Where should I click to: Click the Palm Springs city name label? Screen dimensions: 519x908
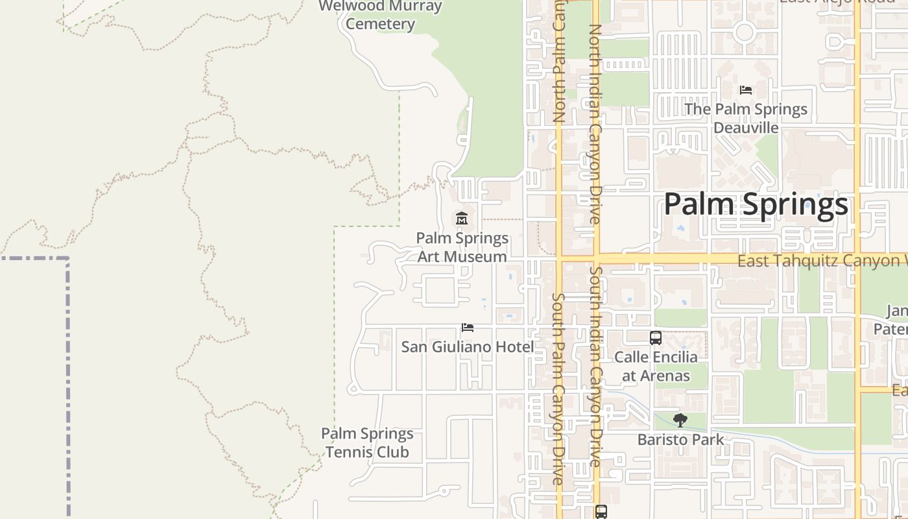click(756, 204)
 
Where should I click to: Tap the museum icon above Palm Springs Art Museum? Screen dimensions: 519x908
click(462, 219)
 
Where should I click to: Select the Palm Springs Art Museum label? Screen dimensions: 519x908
click(462, 247)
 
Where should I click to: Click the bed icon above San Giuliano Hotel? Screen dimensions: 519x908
click(468, 328)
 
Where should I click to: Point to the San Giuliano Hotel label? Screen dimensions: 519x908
click(468, 347)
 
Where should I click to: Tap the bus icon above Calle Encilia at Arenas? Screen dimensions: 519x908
click(656, 338)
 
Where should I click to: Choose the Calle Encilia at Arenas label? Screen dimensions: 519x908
click(656, 366)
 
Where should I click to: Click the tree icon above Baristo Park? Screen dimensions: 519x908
click(680, 420)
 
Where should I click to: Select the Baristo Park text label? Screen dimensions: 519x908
click(680, 439)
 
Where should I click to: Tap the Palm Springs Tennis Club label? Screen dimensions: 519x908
click(367, 442)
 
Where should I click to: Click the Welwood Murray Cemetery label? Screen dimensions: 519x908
click(381, 16)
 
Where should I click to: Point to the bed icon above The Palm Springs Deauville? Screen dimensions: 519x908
click(746, 90)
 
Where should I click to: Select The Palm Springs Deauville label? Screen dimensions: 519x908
click(746, 118)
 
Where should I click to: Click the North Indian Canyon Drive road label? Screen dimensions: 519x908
click(595, 123)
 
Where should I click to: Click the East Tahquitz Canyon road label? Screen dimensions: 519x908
click(820, 261)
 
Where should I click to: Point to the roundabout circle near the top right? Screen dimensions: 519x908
click(745, 31)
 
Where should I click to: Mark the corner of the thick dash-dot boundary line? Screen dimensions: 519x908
click(67, 259)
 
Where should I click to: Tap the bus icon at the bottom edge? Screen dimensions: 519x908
click(601, 512)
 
